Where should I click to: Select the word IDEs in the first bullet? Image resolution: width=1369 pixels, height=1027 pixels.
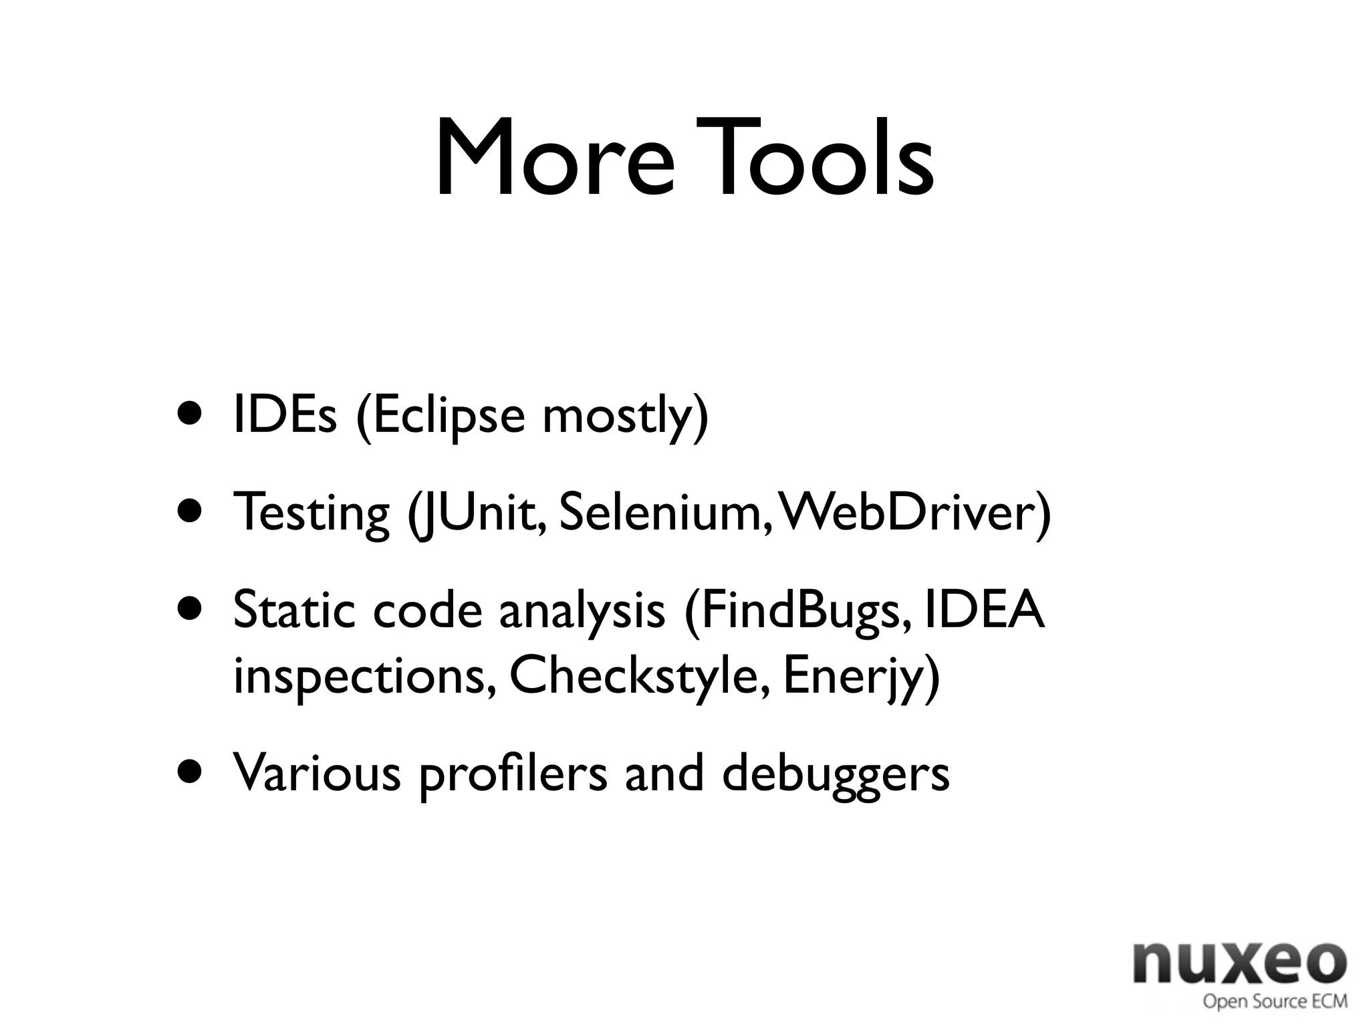(x=285, y=416)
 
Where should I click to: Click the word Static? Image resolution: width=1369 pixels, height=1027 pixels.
(x=291, y=611)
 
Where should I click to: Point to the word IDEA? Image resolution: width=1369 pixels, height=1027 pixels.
(x=983, y=610)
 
